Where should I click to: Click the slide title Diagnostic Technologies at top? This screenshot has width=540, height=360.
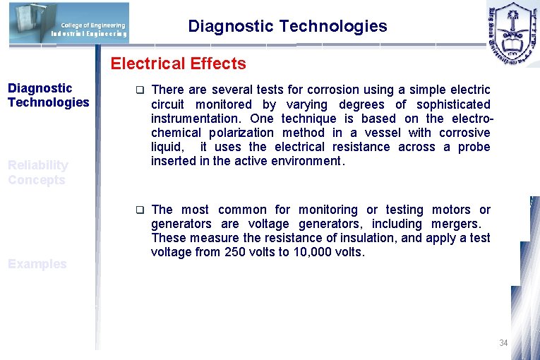(287, 27)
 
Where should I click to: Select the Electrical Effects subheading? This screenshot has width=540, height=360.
(178, 64)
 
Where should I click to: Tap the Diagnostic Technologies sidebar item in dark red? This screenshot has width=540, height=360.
(48, 95)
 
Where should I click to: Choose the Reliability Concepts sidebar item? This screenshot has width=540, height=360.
(38, 172)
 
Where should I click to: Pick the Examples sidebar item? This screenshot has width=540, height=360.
(37, 264)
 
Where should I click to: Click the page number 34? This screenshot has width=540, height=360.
(503, 343)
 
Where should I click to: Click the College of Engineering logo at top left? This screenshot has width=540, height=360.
(69, 23)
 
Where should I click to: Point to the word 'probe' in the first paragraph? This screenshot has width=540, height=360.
(474, 147)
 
